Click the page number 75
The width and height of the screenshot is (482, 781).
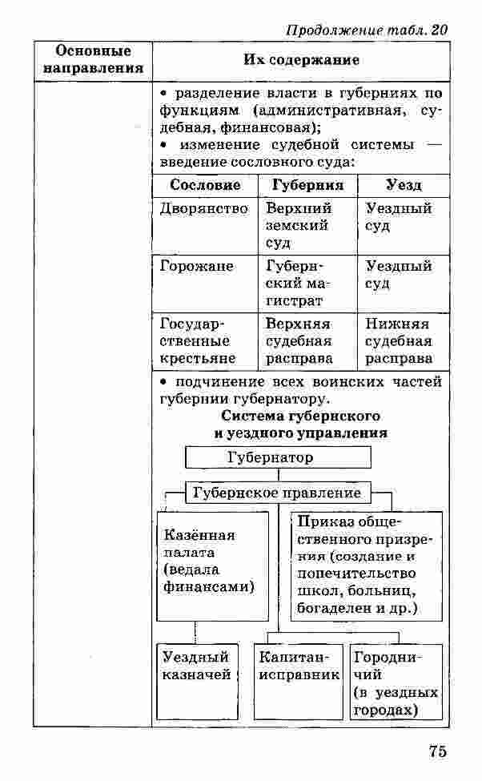(437, 751)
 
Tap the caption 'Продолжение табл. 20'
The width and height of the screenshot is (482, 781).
(366, 30)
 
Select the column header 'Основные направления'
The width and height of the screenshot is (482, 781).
(93, 60)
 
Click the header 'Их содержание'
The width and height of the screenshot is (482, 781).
(301, 60)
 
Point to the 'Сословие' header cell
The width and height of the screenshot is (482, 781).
(205, 185)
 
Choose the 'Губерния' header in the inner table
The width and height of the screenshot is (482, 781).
(307, 185)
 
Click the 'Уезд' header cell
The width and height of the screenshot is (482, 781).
(403, 185)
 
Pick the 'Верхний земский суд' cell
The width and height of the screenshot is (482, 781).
(299, 225)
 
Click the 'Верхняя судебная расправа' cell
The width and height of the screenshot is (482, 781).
(299, 341)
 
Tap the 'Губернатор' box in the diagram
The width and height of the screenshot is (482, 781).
(279, 457)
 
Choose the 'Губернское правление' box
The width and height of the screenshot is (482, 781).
(277, 493)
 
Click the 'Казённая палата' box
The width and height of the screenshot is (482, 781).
(212, 566)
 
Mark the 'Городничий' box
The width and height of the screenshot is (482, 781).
(396, 682)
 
